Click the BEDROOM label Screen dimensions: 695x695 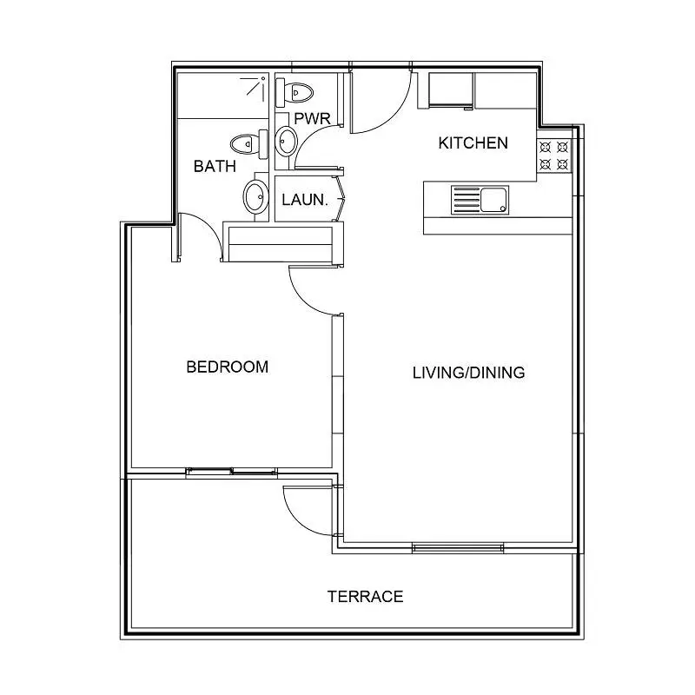[x=228, y=367]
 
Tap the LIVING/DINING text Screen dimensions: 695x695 [x=468, y=373]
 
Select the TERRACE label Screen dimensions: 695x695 [x=365, y=597]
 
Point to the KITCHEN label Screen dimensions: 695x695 [x=473, y=143]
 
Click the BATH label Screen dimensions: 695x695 [x=215, y=166]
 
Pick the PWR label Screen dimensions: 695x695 [x=312, y=119]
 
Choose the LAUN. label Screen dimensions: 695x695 [x=305, y=200]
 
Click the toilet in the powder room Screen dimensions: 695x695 [x=295, y=93]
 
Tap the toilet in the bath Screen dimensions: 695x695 [x=249, y=144]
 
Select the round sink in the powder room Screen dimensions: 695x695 [x=286, y=142]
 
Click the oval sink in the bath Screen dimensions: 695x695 [x=255, y=197]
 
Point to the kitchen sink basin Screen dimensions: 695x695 [x=493, y=201]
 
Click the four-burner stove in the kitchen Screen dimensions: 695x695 [x=554, y=156]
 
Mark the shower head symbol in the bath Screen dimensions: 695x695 [x=255, y=88]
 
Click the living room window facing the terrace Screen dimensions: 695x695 [x=458, y=548]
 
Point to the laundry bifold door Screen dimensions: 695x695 [x=340, y=199]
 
